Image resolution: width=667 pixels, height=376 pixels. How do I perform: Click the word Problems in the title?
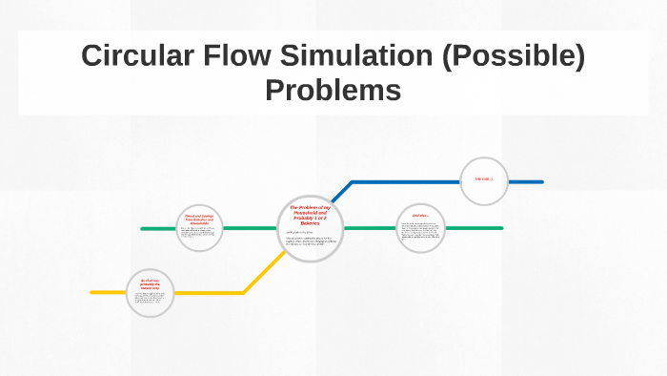click(333, 91)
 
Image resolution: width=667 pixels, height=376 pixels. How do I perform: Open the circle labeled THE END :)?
click(484, 180)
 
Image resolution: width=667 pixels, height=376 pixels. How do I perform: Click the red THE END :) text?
click(484, 179)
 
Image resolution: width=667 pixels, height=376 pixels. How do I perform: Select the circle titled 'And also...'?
click(420, 228)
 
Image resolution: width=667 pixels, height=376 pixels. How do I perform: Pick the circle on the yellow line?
click(151, 292)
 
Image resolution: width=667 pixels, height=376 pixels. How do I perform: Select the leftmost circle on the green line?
click(199, 228)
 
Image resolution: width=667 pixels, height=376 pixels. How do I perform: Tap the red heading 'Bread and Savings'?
click(199, 219)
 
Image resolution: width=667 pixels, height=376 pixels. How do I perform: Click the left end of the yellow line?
click(92, 292)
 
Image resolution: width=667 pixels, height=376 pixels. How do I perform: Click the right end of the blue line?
click(541, 181)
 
